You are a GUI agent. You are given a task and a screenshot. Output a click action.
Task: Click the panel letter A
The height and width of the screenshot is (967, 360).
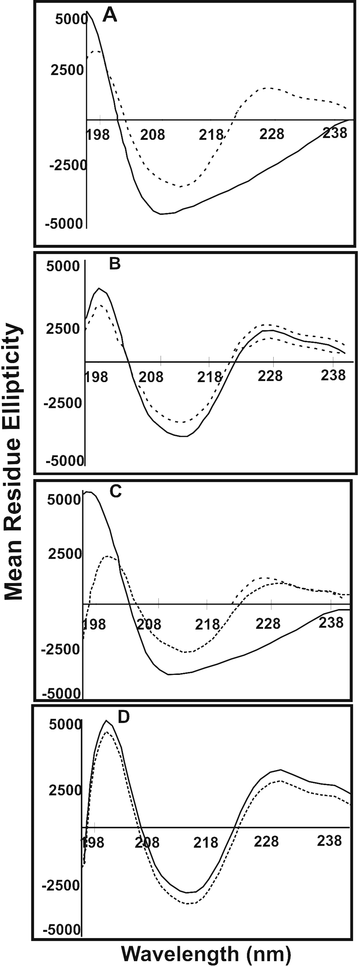pyautogui.click(x=110, y=16)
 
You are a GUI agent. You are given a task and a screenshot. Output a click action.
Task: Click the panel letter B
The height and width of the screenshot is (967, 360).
pyautogui.click(x=114, y=264)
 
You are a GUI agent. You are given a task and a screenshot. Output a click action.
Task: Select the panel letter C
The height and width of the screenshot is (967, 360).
pyautogui.click(x=115, y=491)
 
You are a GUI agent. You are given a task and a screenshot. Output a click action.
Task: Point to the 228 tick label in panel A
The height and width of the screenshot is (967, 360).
pyautogui.click(x=272, y=134)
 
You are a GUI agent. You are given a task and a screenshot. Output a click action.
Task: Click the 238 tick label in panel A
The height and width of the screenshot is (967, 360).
pyautogui.click(x=335, y=133)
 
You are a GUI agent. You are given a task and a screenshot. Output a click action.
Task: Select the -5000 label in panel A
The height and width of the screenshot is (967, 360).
pyautogui.click(x=64, y=224)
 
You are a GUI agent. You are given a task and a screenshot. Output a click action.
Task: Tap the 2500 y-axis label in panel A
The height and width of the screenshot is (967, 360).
pyautogui.click(x=67, y=70)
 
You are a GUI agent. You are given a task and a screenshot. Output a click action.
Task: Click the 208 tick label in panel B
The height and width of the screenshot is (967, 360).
pyautogui.click(x=151, y=376)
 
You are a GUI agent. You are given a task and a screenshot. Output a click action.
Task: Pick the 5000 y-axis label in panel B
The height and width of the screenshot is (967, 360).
pyautogui.click(x=63, y=266)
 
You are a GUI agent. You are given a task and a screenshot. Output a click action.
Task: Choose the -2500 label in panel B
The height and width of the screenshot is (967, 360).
pyautogui.click(x=63, y=403)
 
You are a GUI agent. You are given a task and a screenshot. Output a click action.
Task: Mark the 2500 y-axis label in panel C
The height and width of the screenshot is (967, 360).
pyautogui.click(x=65, y=554)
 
